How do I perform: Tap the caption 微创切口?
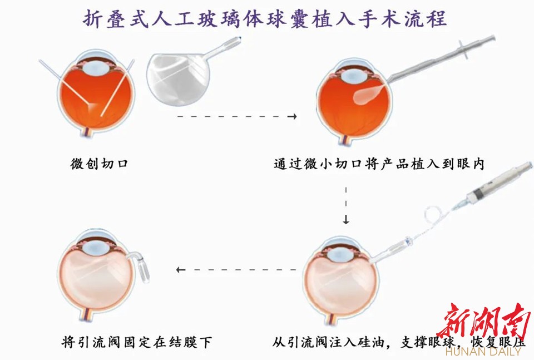pos(100,164)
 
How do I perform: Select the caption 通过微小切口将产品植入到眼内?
pos(379,164)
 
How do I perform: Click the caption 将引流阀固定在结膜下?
pos(137,342)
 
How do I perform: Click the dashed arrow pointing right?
pos(237,116)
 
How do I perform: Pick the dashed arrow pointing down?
pos(346,205)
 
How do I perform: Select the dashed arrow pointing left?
pos(236,270)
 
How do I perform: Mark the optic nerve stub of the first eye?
pos(86,131)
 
